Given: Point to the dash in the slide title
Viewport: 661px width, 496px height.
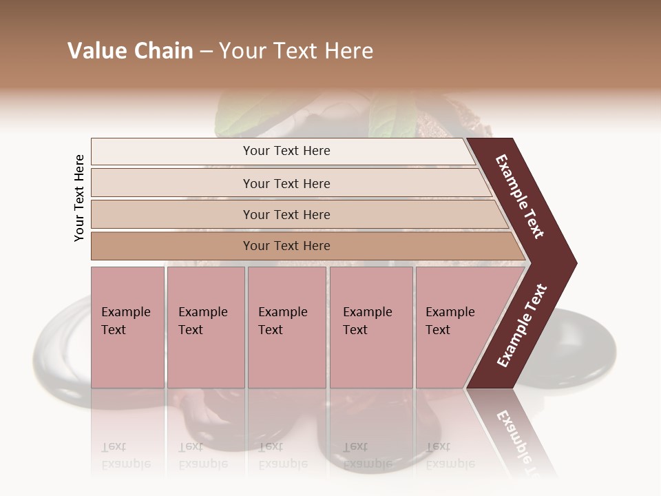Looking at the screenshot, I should (206, 52).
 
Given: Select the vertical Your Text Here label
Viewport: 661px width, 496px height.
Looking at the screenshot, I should (79, 198).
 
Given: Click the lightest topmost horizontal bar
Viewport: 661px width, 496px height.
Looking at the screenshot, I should (282, 151).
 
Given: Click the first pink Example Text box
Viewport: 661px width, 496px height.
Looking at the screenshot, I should (127, 327).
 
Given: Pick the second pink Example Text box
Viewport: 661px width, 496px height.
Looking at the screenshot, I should (206, 327).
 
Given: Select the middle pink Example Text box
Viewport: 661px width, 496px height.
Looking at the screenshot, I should (286, 327).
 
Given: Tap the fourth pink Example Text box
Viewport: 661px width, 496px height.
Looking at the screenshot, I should (371, 327).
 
